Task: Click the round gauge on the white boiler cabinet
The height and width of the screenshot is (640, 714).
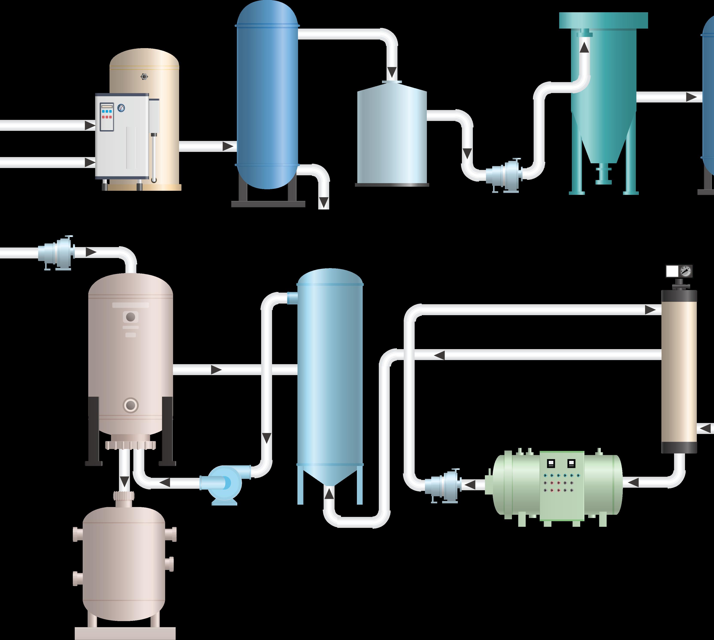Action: click(121, 108)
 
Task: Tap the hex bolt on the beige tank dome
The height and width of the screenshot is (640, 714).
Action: click(144, 76)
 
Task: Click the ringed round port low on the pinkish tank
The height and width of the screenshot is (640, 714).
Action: click(130, 405)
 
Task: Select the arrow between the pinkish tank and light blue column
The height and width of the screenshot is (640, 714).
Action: click(216, 370)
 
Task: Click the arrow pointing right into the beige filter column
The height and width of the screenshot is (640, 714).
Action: click(650, 310)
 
